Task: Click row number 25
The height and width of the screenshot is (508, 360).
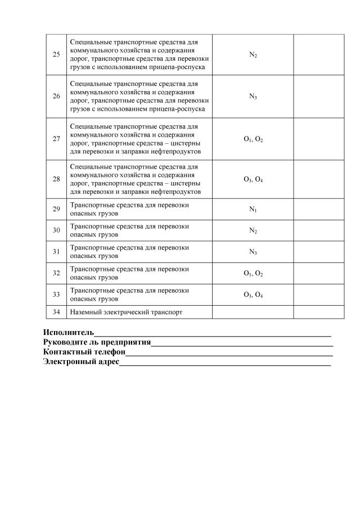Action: pos(56,55)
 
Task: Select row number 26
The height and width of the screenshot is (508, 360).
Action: pos(56,96)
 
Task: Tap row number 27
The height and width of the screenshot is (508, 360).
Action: pos(56,139)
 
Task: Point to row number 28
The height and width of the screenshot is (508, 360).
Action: pos(56,179)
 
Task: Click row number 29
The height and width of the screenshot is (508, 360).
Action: pos(56,209)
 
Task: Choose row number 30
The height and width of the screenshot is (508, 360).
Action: pos(56,230)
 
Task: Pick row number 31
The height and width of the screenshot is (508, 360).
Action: pos(56,252)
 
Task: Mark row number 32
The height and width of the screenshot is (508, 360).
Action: pos(56,273)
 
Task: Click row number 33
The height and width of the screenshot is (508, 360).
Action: pos(56,294)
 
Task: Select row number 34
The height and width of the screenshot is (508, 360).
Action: pos(56,312)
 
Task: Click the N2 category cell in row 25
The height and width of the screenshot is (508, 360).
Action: pos(253,55)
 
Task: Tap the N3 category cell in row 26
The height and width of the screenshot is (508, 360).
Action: pos(253,96)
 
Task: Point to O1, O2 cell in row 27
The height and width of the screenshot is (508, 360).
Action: pos(253,139)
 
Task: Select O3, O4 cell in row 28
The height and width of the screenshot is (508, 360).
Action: pos(253,179)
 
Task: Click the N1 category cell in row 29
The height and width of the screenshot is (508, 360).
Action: pos(253,209)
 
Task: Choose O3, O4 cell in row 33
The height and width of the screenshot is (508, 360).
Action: pos(253,294)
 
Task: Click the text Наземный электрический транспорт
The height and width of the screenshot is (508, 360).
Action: pos(126,312)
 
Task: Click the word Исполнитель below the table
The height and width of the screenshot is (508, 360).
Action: pos(69,332)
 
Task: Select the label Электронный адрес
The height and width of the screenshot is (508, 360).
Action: pos(81,362)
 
